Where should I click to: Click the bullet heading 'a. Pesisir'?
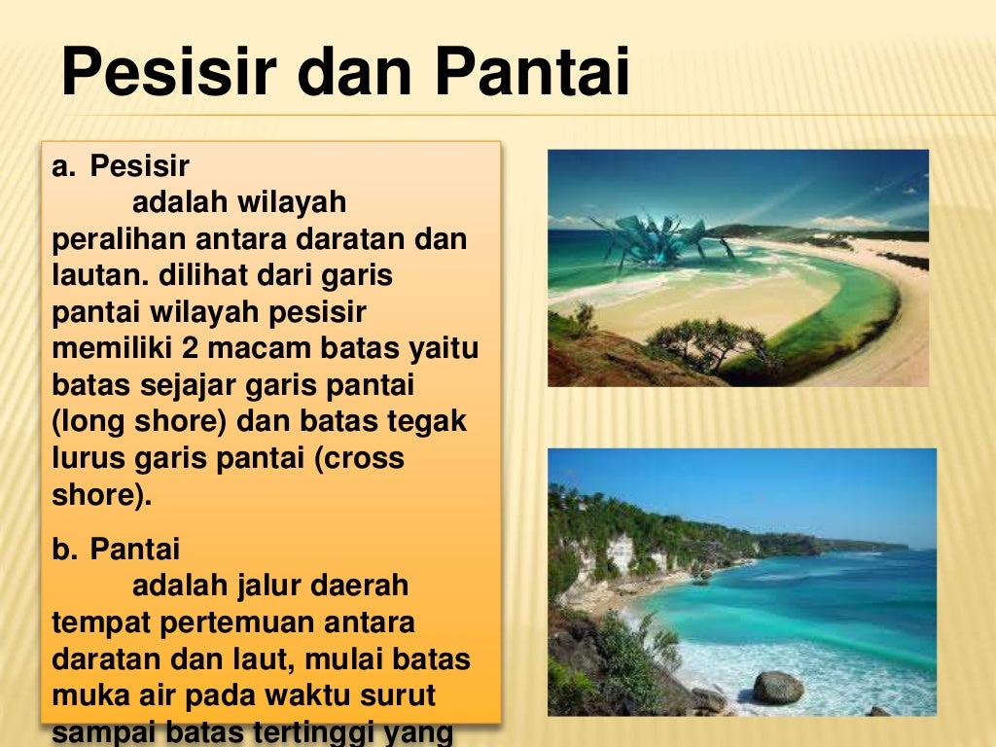click(x=121, y=167)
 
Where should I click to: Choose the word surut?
click(x=399, y=696)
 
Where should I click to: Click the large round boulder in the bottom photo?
click(x=778, y=688)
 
